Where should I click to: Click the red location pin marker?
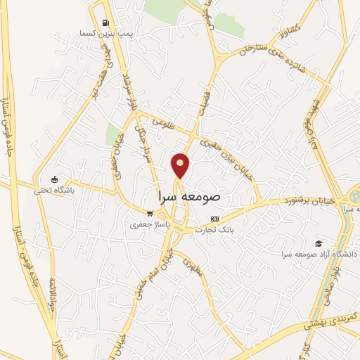point(181,166)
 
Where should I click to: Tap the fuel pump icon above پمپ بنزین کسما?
point(106,22)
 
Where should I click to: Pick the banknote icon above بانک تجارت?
point(214,219)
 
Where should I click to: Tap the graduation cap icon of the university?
point(319,242)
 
